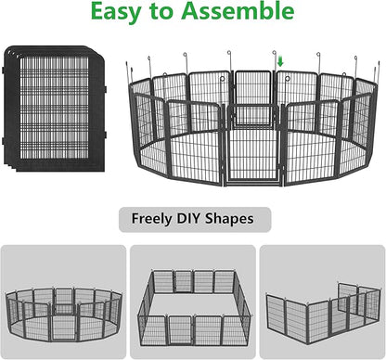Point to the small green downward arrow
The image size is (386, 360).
(x=280, y=62)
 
